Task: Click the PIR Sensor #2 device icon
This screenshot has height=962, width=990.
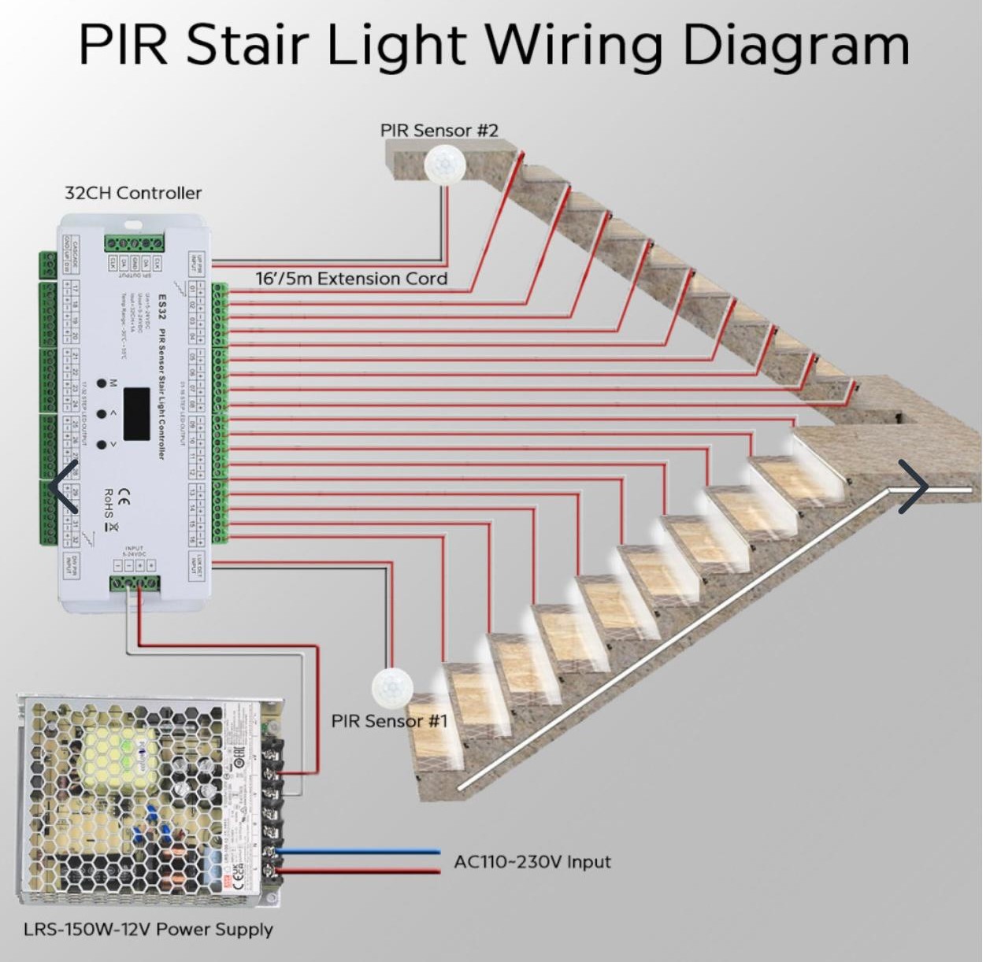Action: (x=446, y=165)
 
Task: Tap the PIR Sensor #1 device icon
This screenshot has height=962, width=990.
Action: (x=392, y=686)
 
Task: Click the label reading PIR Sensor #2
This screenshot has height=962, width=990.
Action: (x=439, y=130)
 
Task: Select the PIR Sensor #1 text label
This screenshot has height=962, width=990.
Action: (x=389, y=720)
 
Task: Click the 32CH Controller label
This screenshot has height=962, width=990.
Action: (x=132, y=193)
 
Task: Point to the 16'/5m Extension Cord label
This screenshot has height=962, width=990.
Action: (x=351, y=278)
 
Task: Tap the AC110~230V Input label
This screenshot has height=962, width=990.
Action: (x=532, y=861)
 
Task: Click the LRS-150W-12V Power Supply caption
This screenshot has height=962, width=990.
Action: (x=148, y=929)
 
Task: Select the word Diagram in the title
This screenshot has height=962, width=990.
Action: (x=795, y=45)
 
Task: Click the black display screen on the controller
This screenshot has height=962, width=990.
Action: (x=136, y=414)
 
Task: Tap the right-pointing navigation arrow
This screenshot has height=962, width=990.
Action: (x=914, y=487)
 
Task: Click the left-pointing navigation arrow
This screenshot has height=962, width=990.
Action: (x=63, y=487)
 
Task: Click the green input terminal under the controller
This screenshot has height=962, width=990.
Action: (x=134, y=583)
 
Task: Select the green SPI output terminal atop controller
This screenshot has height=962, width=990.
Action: (x=134, y=242)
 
